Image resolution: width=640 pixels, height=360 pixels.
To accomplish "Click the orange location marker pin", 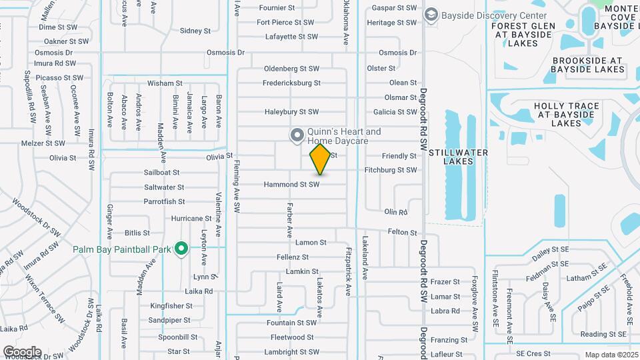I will click(320, 159).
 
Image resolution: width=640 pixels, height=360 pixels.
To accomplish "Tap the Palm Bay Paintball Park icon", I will click(180, 249).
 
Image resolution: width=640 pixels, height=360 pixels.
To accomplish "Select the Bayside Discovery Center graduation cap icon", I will click(431, 15).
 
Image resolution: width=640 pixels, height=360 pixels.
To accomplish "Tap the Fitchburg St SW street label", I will click(391, 170).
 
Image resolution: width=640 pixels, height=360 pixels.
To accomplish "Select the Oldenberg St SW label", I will click(292, 69).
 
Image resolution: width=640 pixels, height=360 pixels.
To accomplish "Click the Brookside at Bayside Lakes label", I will click(588, 65).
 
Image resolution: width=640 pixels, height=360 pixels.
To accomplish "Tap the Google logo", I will click(22, 351).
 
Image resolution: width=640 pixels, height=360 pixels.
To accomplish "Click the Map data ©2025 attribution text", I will click(611, 355).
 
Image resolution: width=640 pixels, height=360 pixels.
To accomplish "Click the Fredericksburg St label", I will click(291, 83).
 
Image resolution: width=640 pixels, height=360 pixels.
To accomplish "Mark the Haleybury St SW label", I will click(291, 112).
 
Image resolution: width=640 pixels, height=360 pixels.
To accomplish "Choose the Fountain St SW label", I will click(291, 323).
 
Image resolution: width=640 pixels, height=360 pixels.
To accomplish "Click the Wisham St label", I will click(165, 83).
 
